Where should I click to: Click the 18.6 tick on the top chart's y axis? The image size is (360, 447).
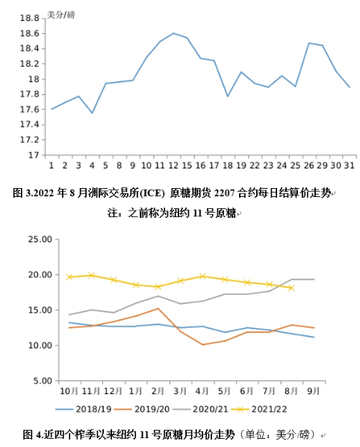click(x=29, y=34)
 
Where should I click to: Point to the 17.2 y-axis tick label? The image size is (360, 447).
click(x=29, y=140)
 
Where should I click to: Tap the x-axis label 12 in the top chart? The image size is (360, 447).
click(x=173, y=166)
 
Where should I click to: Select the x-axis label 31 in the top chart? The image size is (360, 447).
click(x=349, y=166)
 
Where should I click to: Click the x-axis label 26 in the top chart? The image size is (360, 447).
click(x=308, y=166)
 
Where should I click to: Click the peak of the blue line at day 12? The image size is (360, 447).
click(x=173, y=33)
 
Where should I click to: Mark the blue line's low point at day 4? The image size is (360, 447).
click(x=92, y=113)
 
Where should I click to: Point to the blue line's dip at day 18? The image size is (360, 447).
click(x=227, y=96)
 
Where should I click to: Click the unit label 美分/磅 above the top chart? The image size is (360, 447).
click(x=61, y=15)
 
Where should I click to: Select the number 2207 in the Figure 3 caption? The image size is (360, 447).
click(x=224, y=193)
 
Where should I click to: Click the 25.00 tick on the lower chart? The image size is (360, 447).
click(x=40, y=240)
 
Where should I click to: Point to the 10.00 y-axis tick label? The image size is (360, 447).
click(x=40, y=346)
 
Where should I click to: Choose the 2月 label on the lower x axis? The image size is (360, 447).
click(x=158, y=391)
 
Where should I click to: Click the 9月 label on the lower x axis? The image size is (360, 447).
click(x=313, y=391)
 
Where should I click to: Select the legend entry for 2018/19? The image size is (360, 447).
click(x=84, y=410)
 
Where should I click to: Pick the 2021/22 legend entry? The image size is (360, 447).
click(x=259, y=410)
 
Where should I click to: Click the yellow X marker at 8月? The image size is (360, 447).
click(x=291, y=288)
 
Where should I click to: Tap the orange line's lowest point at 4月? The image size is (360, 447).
click(x=202, y=345)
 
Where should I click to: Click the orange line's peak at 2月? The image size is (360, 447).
click(x=158, y=308)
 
